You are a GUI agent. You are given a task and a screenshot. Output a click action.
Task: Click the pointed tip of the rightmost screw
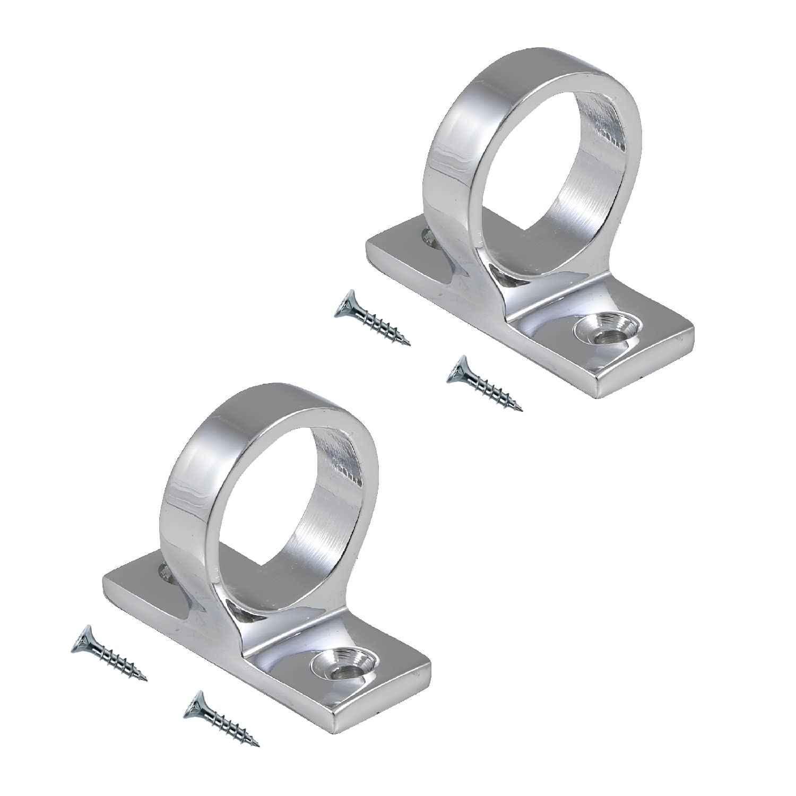pos(521,410)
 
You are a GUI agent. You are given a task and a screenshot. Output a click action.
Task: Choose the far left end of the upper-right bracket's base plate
pos(366,244)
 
